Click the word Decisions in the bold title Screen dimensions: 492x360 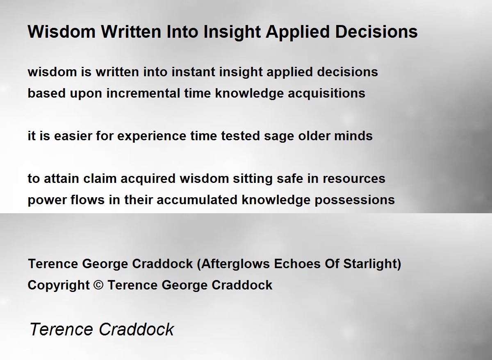[x=376, y=32]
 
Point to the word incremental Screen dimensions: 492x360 [x=143, y=93]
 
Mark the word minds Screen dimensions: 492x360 [x=353, y=136]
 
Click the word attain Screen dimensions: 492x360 [x=61, y=178]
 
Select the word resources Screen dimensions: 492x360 [x=354, y=179]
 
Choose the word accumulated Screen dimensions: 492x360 [x=197, y=200]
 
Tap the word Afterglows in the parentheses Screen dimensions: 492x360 [x=235, y=264]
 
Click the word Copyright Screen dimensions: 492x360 [x=59, y=285]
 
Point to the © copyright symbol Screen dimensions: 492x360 [x=98, y=285]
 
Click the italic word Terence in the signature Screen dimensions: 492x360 [x=61, y=329]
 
